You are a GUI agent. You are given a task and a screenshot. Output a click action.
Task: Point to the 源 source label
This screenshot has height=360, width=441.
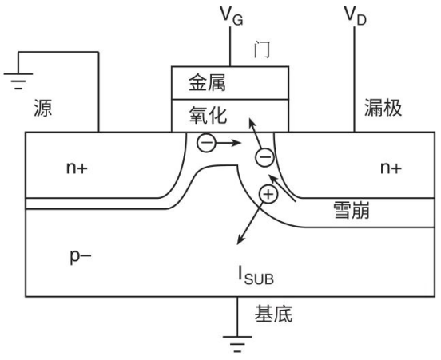point(44,109)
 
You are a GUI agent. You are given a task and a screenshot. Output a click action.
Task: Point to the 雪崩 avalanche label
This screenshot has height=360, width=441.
point(352,212)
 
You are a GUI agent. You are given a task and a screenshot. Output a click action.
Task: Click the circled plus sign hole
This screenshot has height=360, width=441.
point(266,193)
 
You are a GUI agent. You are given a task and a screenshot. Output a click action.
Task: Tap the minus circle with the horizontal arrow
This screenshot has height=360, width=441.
point(205,144)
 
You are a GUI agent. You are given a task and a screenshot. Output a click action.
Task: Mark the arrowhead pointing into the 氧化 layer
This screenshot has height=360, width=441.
point(248,122)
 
